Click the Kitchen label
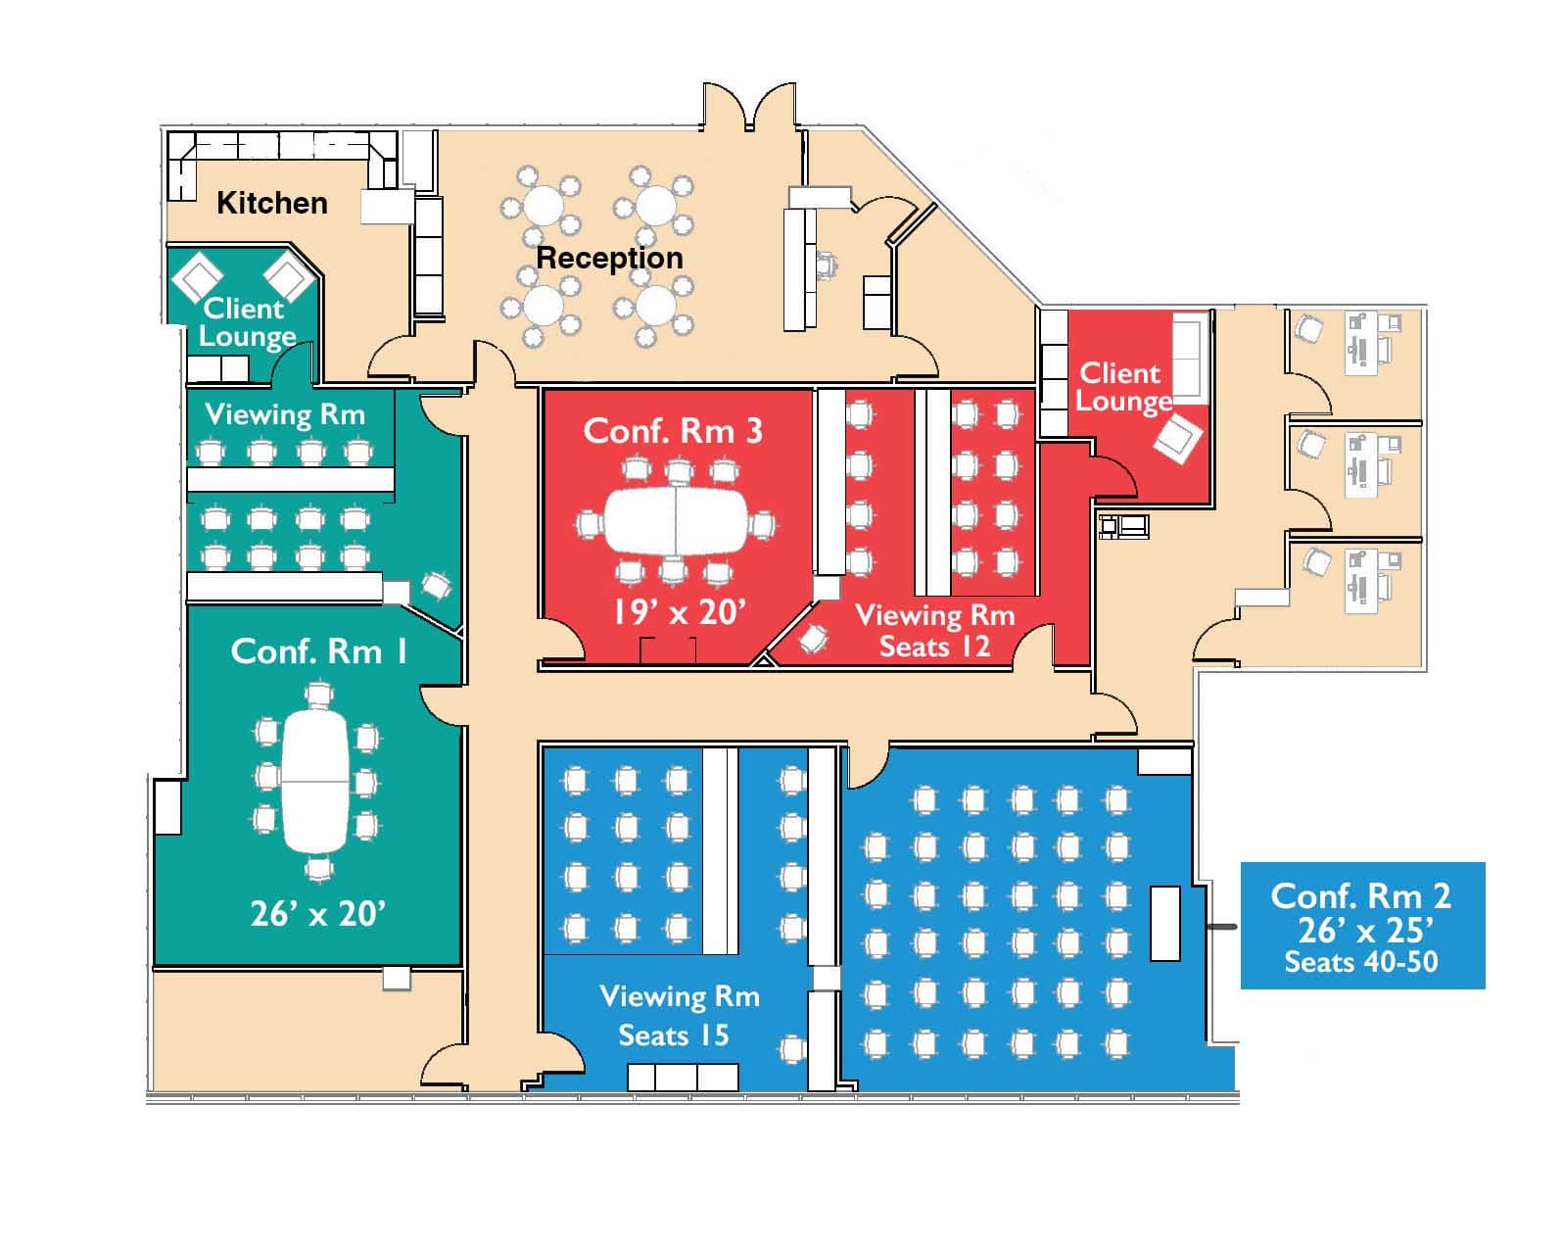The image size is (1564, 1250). pos(271,203)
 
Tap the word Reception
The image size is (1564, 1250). pos(609,258)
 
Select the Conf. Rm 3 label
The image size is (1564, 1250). pos(672,431)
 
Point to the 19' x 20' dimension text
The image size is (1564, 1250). pos(679,612)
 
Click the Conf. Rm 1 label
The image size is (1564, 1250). pos(318,651)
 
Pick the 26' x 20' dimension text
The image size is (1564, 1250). pos(317,913)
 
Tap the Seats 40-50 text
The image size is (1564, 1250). pos(1360,962)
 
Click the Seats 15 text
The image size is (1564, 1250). pos(673,1035)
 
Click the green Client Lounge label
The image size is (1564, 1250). pos(246,322)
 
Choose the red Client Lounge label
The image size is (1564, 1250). pos(1122,387)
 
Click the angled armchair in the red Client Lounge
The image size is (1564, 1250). pos(1178,438)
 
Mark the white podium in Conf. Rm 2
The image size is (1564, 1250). pos(1164,923)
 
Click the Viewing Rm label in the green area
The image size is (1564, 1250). pos(284,414)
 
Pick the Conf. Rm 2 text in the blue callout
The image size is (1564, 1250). pos(1360,895)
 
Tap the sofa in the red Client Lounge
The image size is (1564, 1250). pos(1190,359)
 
